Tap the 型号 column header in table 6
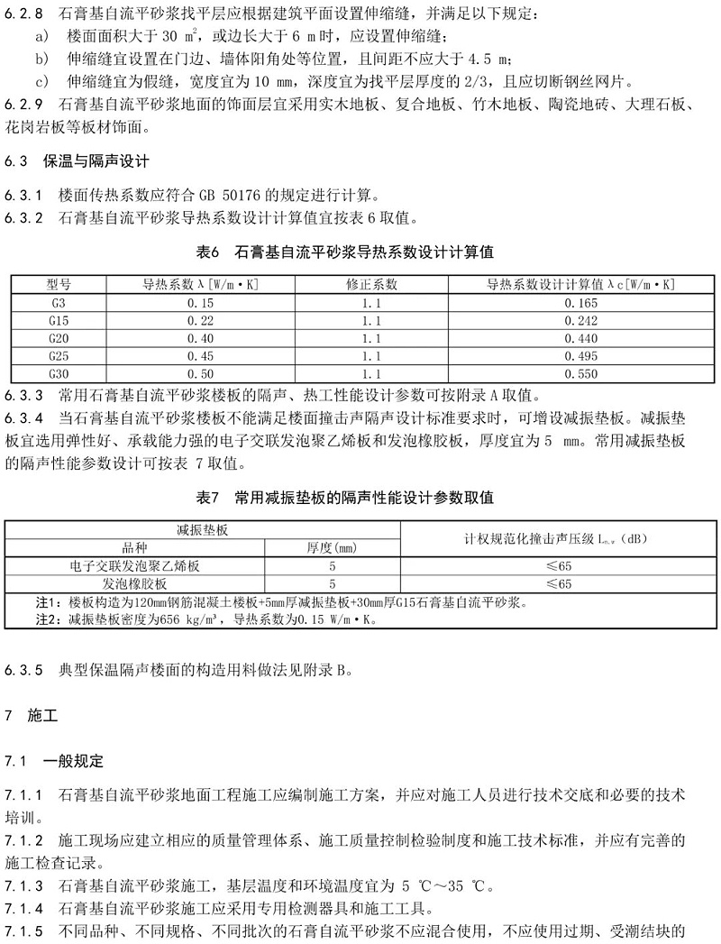59,284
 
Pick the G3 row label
59,302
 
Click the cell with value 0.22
200,320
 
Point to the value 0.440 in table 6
581,337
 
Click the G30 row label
59,372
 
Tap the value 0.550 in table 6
581,372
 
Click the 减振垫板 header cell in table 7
202,530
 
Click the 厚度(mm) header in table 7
332,547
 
